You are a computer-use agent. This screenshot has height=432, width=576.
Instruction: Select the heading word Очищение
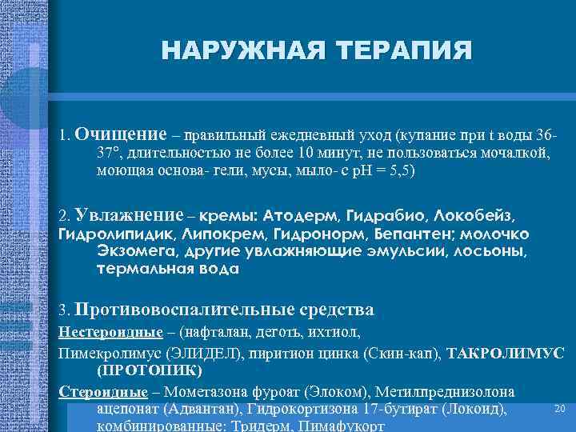point(121,134)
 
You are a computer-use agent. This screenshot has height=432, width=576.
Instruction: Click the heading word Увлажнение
point(128,216)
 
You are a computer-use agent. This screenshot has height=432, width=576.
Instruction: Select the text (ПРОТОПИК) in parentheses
point(150,370)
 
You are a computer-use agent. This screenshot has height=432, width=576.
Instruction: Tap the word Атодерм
point(305,217)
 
